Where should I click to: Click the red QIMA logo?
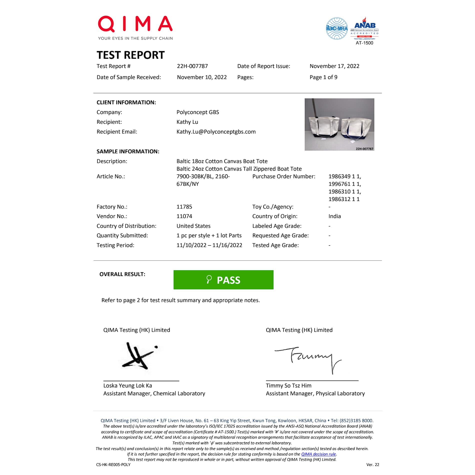pyautogui.click(x=135, y=24)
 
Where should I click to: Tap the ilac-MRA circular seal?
pyautogui.click(x=336, y=28)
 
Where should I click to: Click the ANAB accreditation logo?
pyautogui.click(x=364, y=29)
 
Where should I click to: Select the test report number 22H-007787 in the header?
pyautogui.click(x=192, y=66)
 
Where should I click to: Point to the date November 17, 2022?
pyautogui.click(x=334, y=66)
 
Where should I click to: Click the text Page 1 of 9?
pyautogui.click(x=323, y=77)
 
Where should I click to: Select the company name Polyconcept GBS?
pyautogui.click(x=197, y=112)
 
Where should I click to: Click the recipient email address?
pyautogui.click(x=216, y=132)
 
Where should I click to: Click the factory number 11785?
pyautogui.click(x=184, y=207)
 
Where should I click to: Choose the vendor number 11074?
pyautogui.click(x=184, y=216)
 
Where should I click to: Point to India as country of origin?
pyautogui.click(x=334, y=216)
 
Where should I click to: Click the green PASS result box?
pyautogui.click(x=223, y=280)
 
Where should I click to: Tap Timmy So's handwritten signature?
pyautogui.click(x=308, y=358)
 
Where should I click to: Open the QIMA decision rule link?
pyautogui.click(x=318, y=454)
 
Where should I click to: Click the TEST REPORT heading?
pyautogui.click(x=130, y=55)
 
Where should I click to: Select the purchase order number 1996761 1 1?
pyautogui.click(x=344, y=184)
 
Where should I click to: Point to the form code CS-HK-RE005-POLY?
pyautogui.click(x=113, y=464)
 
